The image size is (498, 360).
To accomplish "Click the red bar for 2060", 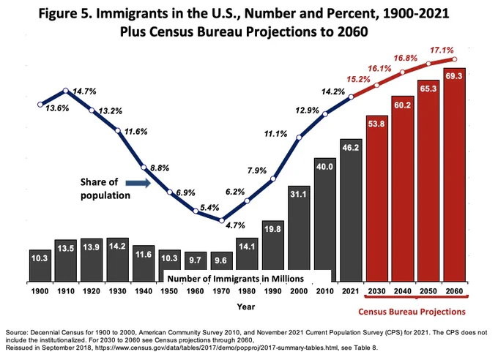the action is (x=454, y=175).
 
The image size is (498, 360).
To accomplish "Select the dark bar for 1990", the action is (x=273, y=251).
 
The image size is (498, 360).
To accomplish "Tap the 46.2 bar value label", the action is (x=351, y=148).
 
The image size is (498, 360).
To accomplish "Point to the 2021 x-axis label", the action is (x=351, y=291).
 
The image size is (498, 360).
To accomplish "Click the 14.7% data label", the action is (x=84, y=91).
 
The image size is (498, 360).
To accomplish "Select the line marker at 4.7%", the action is (x=222, y=220).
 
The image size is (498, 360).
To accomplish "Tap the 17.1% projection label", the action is (x=442, y=50).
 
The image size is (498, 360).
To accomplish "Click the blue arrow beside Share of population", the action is (x=138, y=183).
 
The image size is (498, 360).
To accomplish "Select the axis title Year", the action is (x=246, y=307).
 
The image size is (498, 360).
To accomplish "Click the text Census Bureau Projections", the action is (x=412, y=312).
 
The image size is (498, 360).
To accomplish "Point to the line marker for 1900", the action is (x=40, y=105).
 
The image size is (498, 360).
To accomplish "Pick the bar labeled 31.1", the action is (x=299, y=233).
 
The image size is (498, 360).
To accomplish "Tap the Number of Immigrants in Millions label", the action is (x=236, y=279).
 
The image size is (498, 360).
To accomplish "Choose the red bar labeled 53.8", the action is (x=376, y=199).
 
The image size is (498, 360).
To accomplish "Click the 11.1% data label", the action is (x=275, y=134).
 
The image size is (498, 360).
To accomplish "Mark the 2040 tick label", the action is (x=403, y=291).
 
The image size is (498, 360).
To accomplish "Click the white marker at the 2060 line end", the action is (x=454, y=59).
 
